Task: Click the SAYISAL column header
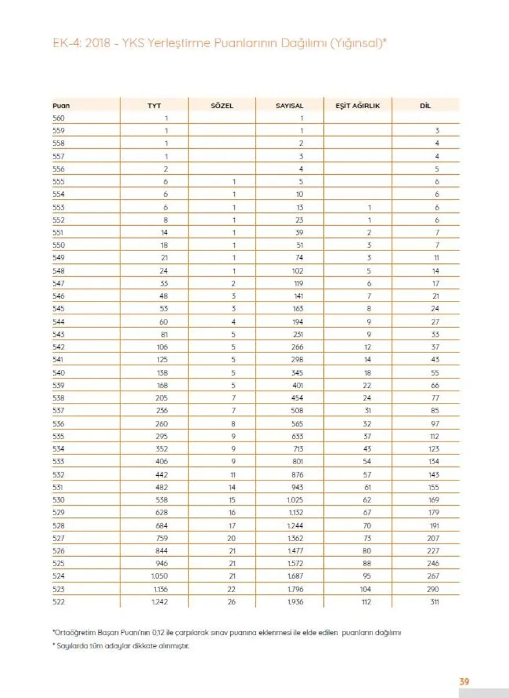click(289, 106)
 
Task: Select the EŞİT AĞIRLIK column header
click(357, 106)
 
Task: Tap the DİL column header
click(425, 106)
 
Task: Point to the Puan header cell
click(61, 106)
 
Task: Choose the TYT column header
click(154, 106)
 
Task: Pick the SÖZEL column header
click(222, 106)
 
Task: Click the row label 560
click(59, 118)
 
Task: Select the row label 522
click(59, 602)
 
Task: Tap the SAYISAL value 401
click(297, 385)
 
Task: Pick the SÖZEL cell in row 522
click(233, 602)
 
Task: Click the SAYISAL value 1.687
click(296, 576)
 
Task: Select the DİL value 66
click(435, 385)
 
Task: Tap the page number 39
click(464, 682)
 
